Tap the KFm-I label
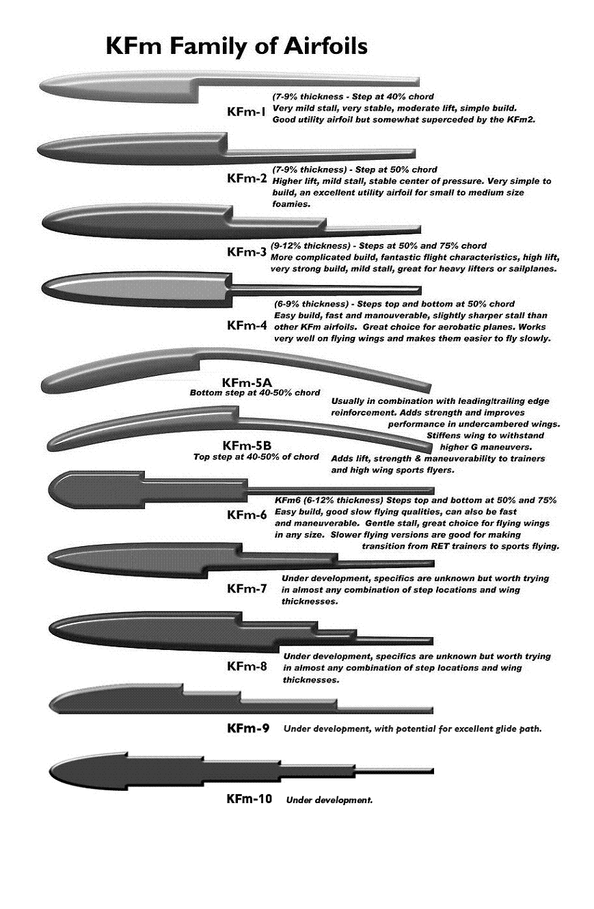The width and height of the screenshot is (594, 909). click(246, 112)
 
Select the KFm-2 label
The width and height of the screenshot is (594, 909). click(247, 179)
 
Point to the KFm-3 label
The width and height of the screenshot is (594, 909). click(247, 252)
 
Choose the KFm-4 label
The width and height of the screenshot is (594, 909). click(247, 325)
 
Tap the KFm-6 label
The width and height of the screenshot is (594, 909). click(247, 515)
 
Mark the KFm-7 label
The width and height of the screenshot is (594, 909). click(247, 588)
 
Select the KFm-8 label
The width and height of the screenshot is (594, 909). click(247, 666)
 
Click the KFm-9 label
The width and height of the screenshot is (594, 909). click(248, 729)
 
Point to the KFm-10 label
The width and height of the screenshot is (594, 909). click(249, 798)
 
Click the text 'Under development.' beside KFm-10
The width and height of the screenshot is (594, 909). click(329, 800)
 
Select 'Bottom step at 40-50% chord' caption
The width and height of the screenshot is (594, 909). click(255, 393)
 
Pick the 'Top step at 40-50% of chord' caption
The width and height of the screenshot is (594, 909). click(256, 457)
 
